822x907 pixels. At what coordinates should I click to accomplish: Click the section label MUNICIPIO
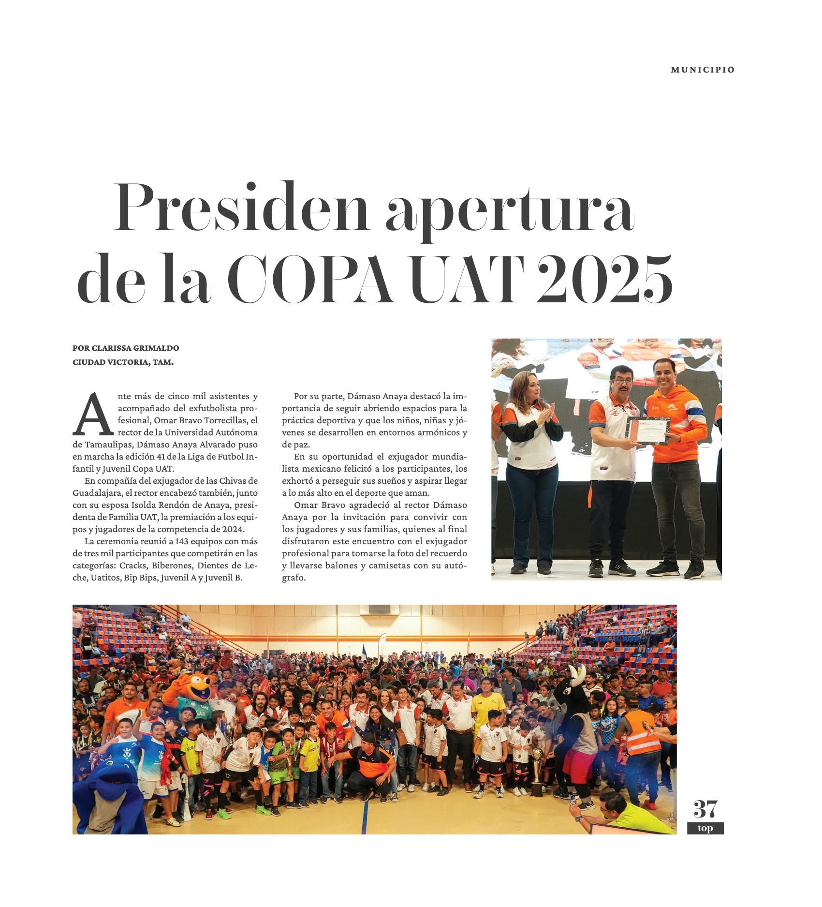(702, 70)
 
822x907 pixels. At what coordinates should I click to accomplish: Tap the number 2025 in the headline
(604, 279)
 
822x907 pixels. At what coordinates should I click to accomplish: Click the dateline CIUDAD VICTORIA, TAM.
(123, 362)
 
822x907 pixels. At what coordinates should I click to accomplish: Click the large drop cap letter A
(92, 415)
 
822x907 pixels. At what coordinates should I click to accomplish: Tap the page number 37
(705, 808)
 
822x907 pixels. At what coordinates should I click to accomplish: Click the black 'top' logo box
(705, 828)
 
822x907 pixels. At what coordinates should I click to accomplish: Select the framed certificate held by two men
(648, 431)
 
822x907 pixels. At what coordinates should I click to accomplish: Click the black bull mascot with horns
(573, 701)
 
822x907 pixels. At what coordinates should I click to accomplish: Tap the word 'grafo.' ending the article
(294, 577)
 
